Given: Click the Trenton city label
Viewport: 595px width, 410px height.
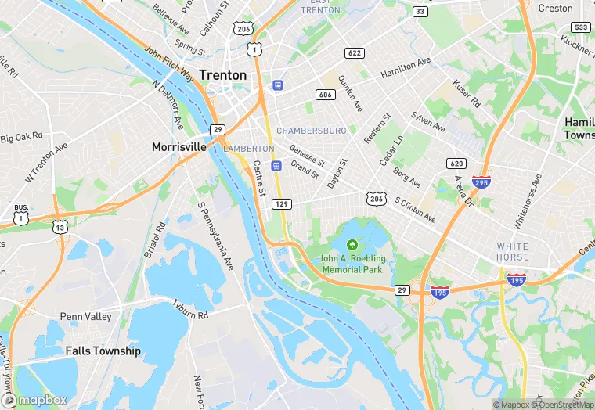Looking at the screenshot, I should pyautogui.click(x=222, y=75).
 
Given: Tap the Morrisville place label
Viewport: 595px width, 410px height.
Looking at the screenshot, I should pyautogui.click(x=178, y=146).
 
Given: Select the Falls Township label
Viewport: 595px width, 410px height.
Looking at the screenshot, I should pyautogui.click(x=103, y=351).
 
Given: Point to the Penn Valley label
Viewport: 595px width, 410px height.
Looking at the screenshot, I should pyautogui.click(x=85, y=317).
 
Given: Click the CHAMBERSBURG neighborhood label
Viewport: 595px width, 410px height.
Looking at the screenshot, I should pyautogui.click(x=311, y=131).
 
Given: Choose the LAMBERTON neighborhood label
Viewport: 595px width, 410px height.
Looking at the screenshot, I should pyautogui.click(x=249, y=149).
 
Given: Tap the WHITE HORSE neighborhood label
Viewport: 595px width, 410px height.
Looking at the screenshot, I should pyautogui.click(x=512, y=252).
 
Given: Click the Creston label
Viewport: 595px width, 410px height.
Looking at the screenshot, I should pyautogui.click(x=556, y=9).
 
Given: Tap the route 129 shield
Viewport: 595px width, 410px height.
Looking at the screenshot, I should pyautogui.click(x=282, y=203).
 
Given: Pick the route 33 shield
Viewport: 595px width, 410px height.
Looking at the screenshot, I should pyautogui.click(x=420, y=11).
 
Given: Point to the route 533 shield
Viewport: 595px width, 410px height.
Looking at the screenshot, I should pyautogui.click(x=580, y=27).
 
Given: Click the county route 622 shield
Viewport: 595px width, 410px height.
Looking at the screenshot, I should pyautogui.click(x=354, y=52).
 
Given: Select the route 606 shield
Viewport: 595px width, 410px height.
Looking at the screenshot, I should pyautogui.click(x=326, y=95).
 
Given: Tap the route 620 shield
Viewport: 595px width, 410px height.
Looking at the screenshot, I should pyautogui.click(x=456, y=164).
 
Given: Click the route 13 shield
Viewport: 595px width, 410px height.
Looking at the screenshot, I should pyautogui.click(x=59, y=227).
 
